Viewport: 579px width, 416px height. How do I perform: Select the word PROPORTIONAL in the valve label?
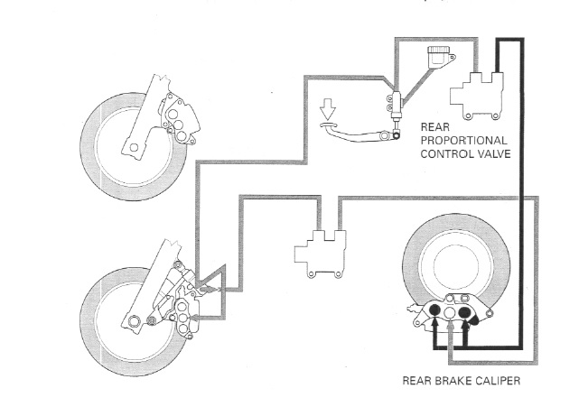(x=462, y=141)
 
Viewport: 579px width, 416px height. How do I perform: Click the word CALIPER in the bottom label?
(x=493, y=380)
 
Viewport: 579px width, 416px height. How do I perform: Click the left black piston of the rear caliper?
(x=434, y=312)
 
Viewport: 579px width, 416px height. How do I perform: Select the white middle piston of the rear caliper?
(x=450, y=317)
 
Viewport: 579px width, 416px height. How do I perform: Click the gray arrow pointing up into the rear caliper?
(x=450, y=339)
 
